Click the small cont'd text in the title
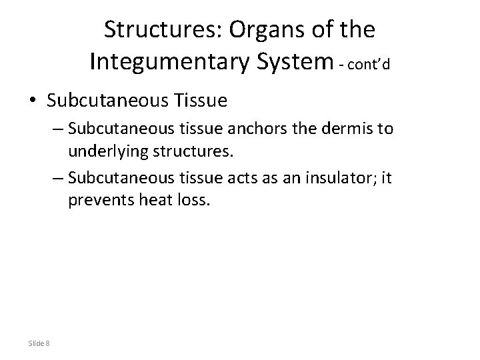click(365, 65)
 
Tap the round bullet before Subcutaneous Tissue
click(33, 101)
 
